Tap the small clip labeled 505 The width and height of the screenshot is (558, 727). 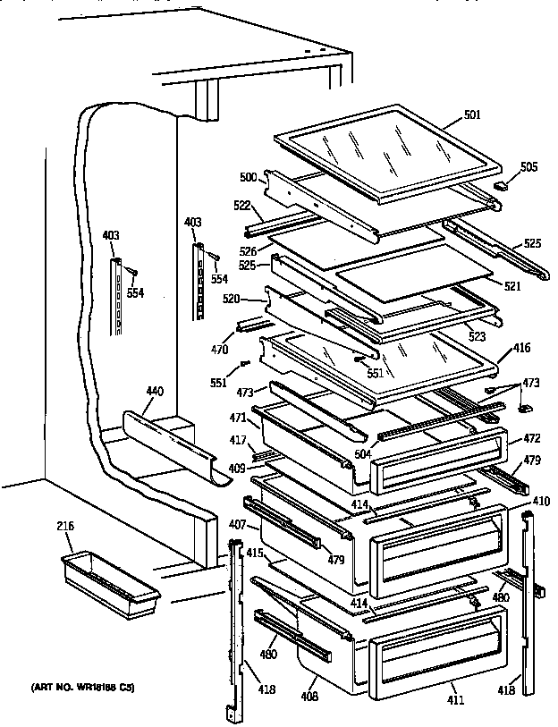point(501,186)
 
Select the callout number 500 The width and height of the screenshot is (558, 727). point(247,177)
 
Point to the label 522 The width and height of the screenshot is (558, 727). point(242,206)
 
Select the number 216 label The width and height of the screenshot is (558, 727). point(65,526)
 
